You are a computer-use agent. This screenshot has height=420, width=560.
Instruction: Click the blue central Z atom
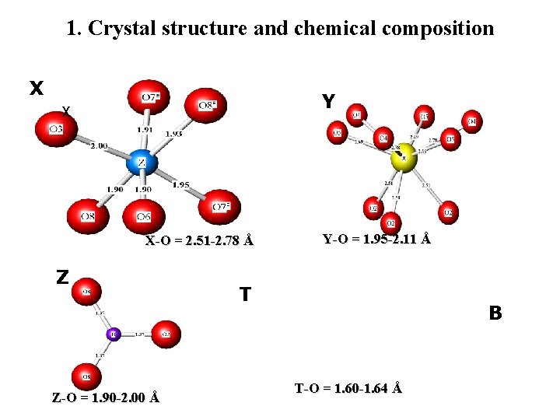click(x=142, y=163)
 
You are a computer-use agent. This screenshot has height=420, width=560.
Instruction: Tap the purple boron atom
click(x=113, y=334)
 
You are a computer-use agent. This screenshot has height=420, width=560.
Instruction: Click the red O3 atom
click(x=56, y=128)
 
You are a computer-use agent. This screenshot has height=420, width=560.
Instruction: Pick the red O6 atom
click(x=143, y=215)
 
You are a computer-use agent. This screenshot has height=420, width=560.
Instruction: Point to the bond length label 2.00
click(x=99, y=145)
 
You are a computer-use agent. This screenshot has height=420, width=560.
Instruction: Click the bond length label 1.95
click(x=180, y=184)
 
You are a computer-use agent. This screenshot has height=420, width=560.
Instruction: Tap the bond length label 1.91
click(x=145, y=130)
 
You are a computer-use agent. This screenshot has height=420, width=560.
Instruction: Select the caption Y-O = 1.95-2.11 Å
click(x=376, y=239)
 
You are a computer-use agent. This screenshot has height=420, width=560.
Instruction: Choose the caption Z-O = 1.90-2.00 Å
click(x=106, y=397)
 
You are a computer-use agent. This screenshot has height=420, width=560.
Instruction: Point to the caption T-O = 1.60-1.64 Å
click(x=348, y=387)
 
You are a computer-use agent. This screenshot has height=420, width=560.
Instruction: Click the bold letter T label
click(x=245, y=294)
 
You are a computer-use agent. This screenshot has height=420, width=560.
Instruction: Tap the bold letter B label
click(x=495, y=313)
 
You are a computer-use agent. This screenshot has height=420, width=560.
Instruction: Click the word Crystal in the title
click(x=124, y=29)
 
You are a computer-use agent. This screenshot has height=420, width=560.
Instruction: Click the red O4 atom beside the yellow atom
click(x=382, y=138)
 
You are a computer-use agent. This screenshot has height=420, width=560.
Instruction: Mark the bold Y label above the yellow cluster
click(x=328, y=102)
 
